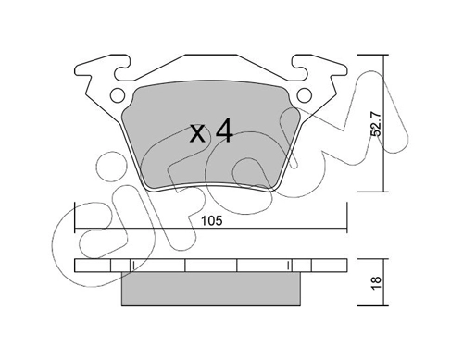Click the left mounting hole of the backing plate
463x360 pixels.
coord(118,95)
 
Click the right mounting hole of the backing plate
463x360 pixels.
coord(305,95)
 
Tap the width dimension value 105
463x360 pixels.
coord(211,221)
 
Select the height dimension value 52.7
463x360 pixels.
coord(377,124)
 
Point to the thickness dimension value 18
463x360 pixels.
coord(377,282)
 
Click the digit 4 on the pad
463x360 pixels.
coord(224,131)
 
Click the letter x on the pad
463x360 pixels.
coord(197,134)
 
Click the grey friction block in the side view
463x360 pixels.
coord(211,289)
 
